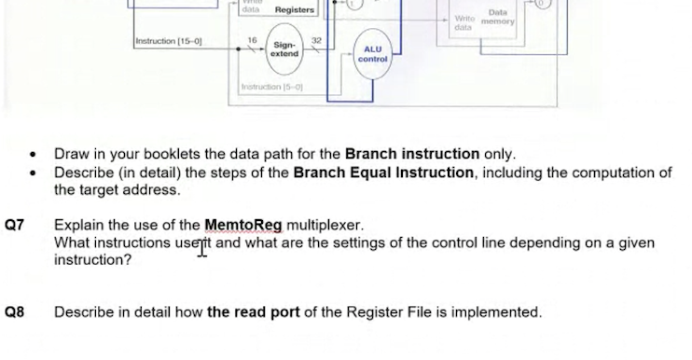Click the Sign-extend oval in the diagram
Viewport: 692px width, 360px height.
coord(284,49)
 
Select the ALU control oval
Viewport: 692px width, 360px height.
coord(372,54)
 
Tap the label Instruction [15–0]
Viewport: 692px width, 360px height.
coord(169,41)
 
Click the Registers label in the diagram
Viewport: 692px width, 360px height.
coord(294,10)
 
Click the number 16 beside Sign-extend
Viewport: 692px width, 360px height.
coord(252,41)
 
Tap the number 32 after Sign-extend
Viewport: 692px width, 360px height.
coord(316,41)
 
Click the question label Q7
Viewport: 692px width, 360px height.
coord(14,225)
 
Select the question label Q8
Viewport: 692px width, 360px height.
coord(14,312)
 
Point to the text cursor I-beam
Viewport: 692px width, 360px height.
coord(201,246)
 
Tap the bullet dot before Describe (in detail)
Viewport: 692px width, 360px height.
coord(35,173)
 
